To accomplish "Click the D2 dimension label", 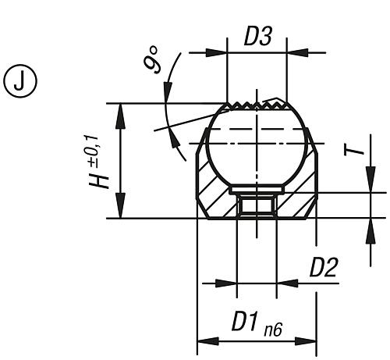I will click(x=323, y=268).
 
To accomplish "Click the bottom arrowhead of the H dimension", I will click(x=119, y=212).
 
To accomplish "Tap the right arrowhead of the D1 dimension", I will click(x=311, y=340).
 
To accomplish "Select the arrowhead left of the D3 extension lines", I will click(x=219, y=53).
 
